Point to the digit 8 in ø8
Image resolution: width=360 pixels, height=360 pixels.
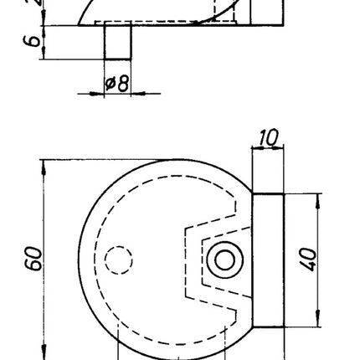tap(123, 84)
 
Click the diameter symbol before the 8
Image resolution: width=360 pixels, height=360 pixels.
tap(111, 84)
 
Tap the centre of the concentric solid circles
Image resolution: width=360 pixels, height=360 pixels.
tap(224, 260)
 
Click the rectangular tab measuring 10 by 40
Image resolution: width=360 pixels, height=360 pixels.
tap(268, 260)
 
